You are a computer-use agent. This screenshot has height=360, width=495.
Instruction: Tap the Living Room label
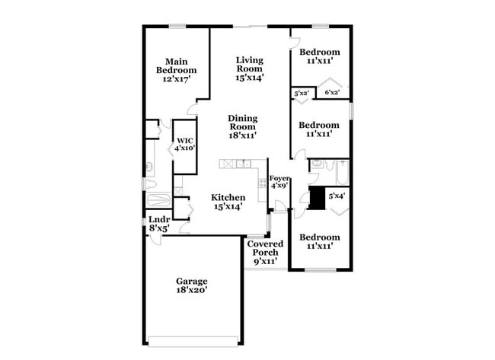pyautogui.click(x=249, y=64)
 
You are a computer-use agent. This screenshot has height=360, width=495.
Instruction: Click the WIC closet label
pyautogui.click(x=185, y=141)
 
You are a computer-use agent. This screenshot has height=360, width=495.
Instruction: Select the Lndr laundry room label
pyautogui.click(x=159, y=220)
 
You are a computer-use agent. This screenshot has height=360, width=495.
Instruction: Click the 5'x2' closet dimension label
pyautogui.click(x=300, y=94)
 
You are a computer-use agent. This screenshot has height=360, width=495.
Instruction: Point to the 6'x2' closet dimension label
pyautogui.click(x=332, y=93)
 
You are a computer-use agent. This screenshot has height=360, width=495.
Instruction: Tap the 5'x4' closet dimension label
pyautogui.click(x=336, y=196)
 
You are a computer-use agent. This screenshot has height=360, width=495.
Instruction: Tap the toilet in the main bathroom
pyautogui.click(x=150, y=184)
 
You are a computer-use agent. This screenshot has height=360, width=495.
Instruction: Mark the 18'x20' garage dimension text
pyautogui.click(x=191, y=290)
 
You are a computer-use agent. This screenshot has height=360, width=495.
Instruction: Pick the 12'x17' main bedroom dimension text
pyautogui.click(x=177, y=78)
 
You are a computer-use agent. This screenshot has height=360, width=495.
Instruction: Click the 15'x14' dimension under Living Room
pyautogui.click(x=249, y=78)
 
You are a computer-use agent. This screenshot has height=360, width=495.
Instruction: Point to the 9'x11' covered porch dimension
pyautogui.click(x=265, y=262)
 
